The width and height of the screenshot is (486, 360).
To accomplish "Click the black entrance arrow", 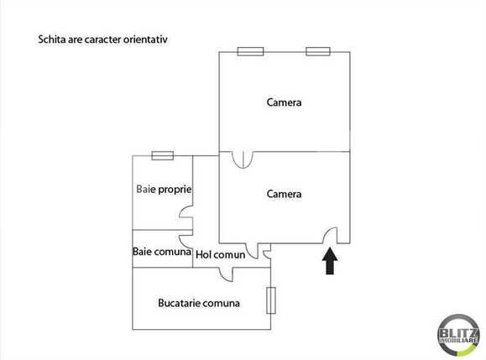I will (330, 261).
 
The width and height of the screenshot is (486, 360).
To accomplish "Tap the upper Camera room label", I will (284, 102).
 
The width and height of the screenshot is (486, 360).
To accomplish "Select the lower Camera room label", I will (284, 194).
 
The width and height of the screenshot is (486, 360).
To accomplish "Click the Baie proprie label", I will (164, 189).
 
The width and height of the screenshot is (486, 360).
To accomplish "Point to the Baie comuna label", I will (162, 251).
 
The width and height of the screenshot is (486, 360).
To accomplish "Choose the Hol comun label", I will (221, 254).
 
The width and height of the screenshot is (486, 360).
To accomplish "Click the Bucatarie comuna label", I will (199, 303).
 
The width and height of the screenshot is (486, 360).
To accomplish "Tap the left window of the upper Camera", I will (250, 52).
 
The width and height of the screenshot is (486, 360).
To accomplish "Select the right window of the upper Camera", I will (318, 52).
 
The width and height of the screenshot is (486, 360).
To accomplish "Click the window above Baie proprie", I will (162, 155).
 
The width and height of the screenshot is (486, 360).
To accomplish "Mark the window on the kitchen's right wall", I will (270, 300).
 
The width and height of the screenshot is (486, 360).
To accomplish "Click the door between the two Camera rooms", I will (240, 159).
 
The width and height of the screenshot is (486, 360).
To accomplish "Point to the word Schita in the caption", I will (53, 39).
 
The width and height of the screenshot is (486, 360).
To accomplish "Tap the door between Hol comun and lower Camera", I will (264, 250).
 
